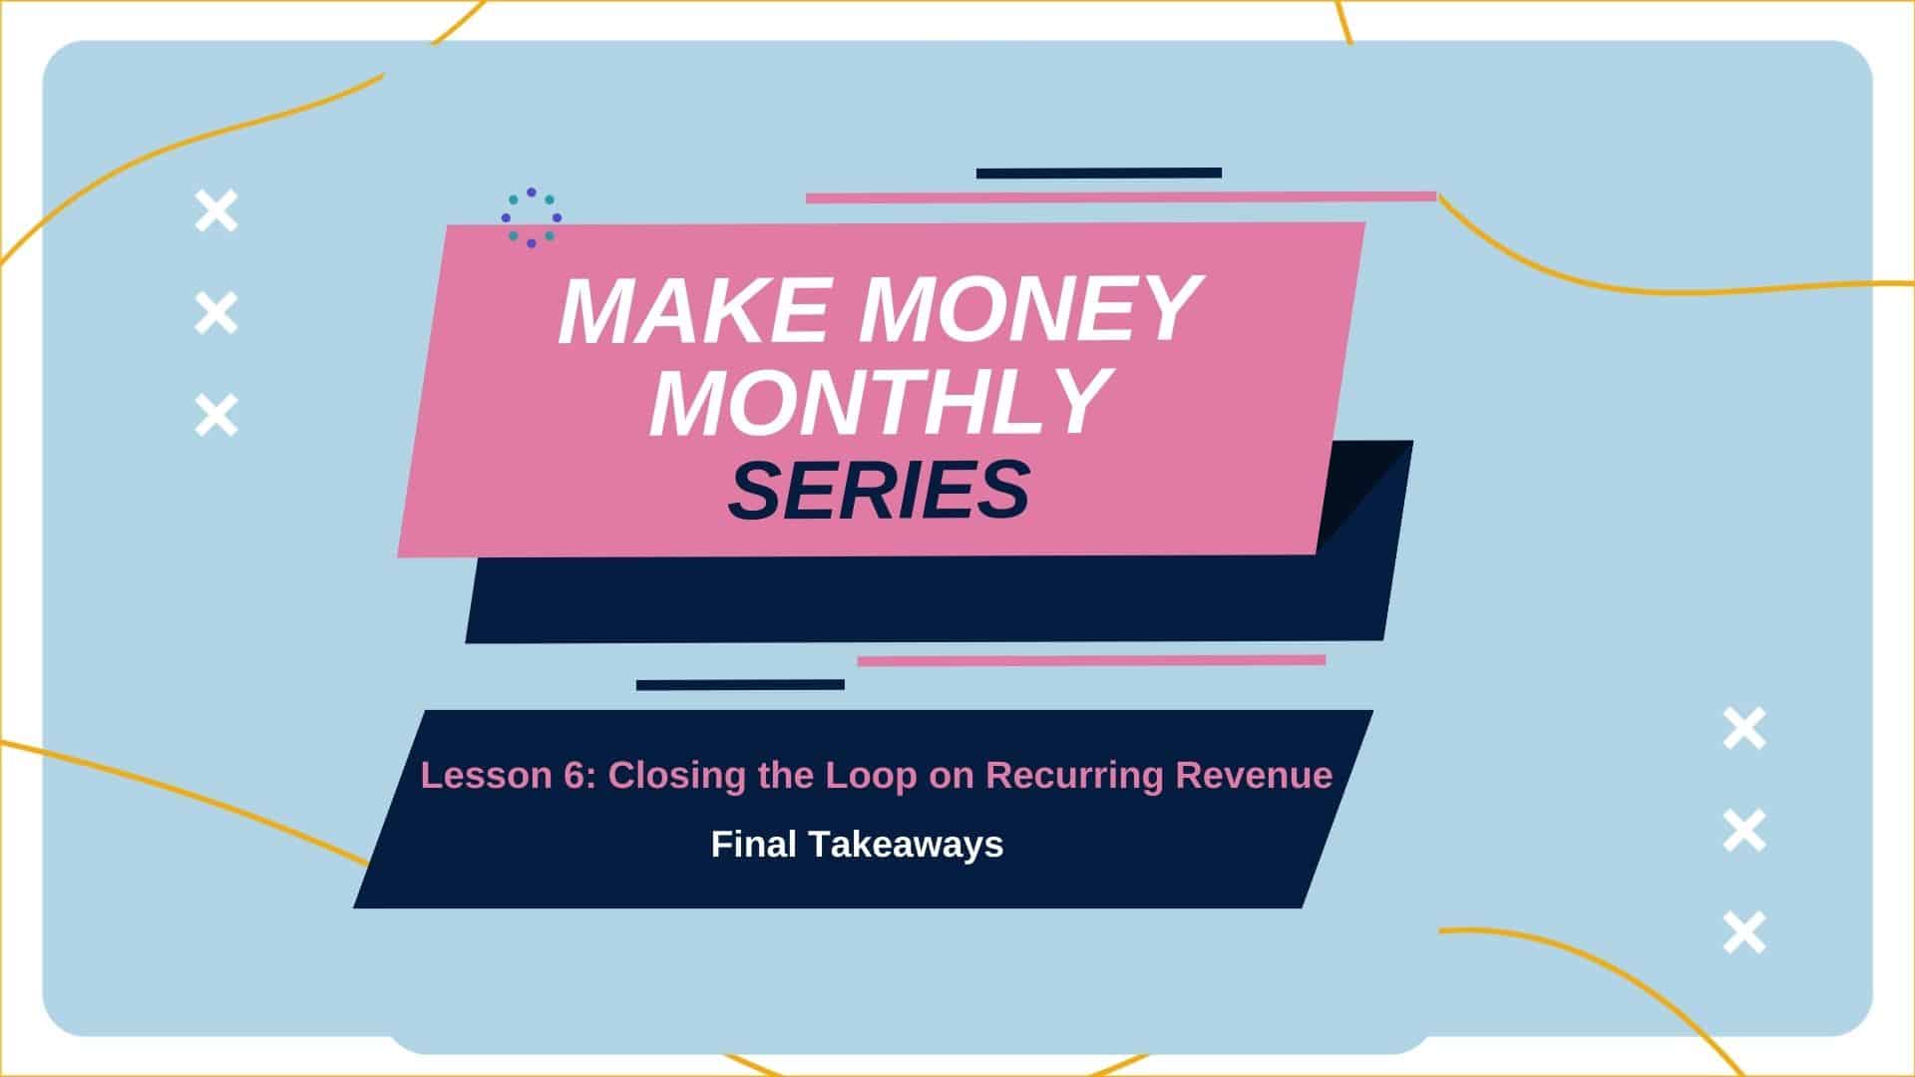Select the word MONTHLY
[881, 402]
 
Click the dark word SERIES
[879, 490]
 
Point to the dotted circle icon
[532, 217]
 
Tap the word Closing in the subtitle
[677, 777]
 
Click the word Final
[753, 845]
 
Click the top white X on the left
[216, 211]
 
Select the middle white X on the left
[216, 313]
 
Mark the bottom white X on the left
[216, 415]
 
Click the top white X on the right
[1744, 728]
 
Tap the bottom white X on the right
[1744, 931]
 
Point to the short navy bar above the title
[1099, 173]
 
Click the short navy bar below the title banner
[740, 684]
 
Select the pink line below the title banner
[1091, 660]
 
